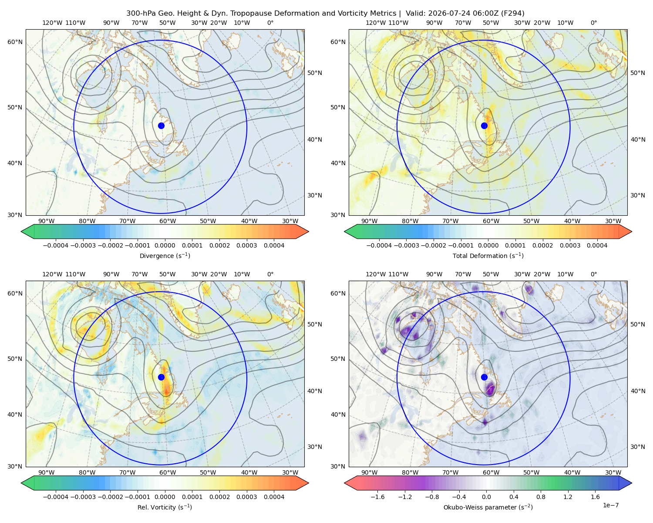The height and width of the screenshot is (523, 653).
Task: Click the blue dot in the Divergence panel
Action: [161, 126]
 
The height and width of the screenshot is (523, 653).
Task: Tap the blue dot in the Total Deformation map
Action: [484, 126]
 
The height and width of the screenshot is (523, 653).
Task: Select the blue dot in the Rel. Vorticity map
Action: [161, 377]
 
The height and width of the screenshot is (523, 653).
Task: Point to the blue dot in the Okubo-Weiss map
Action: [484, 377]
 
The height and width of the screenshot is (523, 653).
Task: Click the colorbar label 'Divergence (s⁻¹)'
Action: [165, 255]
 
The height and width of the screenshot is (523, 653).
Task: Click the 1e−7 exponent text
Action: [610, 505]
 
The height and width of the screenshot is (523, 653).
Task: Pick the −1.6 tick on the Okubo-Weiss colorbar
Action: [377, 497]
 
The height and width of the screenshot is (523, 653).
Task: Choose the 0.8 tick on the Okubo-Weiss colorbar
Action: [541, 497]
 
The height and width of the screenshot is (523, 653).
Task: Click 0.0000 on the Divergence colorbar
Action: [165, 245]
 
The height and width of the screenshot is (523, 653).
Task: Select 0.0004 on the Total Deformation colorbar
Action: [597, 245]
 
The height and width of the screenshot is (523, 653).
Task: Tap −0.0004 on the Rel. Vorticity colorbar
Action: [56, 497]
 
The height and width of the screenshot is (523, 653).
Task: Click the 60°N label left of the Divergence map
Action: [15, 42]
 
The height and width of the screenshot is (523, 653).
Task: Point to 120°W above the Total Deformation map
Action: [375, 23]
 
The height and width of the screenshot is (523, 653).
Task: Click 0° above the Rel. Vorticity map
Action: [270, 274]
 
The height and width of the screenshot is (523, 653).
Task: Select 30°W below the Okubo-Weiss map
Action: [613, 472]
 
